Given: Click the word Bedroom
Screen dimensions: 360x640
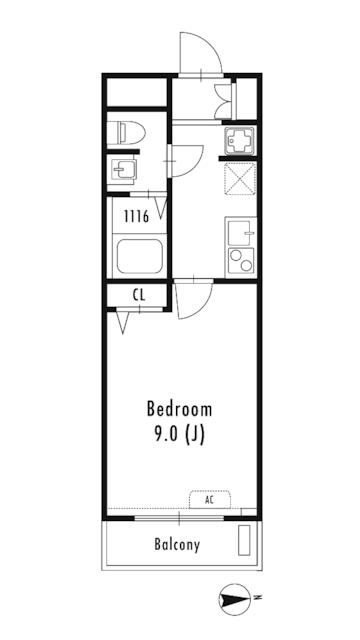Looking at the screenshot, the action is coord(180,409).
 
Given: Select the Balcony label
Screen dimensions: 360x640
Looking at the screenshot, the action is coord(177,544).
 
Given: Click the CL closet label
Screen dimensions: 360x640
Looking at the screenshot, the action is coord(139,296).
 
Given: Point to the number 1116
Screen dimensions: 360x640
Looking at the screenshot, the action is coord(137,217).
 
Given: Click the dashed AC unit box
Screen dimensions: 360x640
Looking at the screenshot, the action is coord(210,499).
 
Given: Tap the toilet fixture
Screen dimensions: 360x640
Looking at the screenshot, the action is coord(126,132).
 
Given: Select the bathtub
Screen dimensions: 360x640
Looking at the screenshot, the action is coord(140,256).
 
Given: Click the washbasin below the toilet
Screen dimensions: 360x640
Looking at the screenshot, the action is coord(124,169).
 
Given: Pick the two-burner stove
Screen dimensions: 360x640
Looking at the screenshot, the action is coord(241,260).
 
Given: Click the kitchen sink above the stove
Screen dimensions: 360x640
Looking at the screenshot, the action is coord(241,233).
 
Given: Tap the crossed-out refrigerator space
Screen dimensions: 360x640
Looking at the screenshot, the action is coord(240,179).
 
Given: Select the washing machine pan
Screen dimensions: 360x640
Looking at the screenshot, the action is coord(239,140).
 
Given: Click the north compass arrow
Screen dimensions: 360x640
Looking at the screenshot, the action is coord(235,600).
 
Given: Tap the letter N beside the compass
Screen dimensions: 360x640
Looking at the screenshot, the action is coord(257,598).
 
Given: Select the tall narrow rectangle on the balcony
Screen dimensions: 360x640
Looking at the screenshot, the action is coord(244,540).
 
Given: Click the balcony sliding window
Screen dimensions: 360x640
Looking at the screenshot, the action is coord(179,518).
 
